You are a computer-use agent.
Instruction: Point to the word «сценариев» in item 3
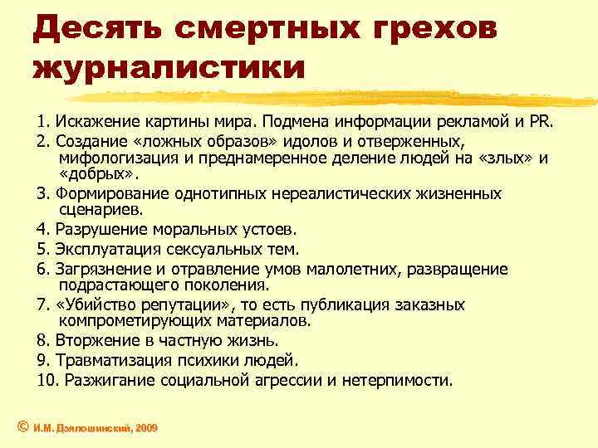pyautogui.click(x=96, y=211)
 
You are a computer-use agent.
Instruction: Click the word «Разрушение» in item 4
pyautogui.click(x=98, y=230)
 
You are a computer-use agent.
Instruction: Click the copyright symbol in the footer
pyautogui.click(x=22, y=426)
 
